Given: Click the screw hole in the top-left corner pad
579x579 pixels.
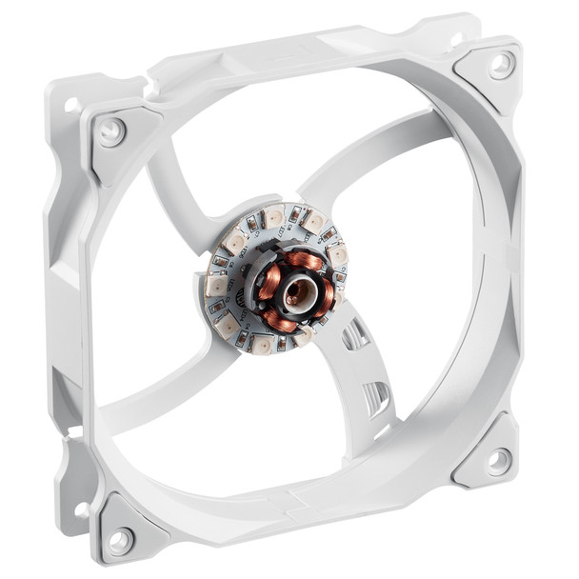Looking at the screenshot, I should [111, 130].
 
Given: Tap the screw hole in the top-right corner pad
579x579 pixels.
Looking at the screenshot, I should [500, 65].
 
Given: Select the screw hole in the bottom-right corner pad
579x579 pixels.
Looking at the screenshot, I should [498, 462].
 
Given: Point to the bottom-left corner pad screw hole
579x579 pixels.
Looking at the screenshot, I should [119, 541].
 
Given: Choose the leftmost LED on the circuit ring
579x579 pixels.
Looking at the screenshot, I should [216, 285].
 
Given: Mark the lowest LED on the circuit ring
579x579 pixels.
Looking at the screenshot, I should [260, 346].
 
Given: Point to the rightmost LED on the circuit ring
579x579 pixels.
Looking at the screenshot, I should [337, 254].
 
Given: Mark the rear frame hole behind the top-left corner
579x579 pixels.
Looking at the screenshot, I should [70, 104].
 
